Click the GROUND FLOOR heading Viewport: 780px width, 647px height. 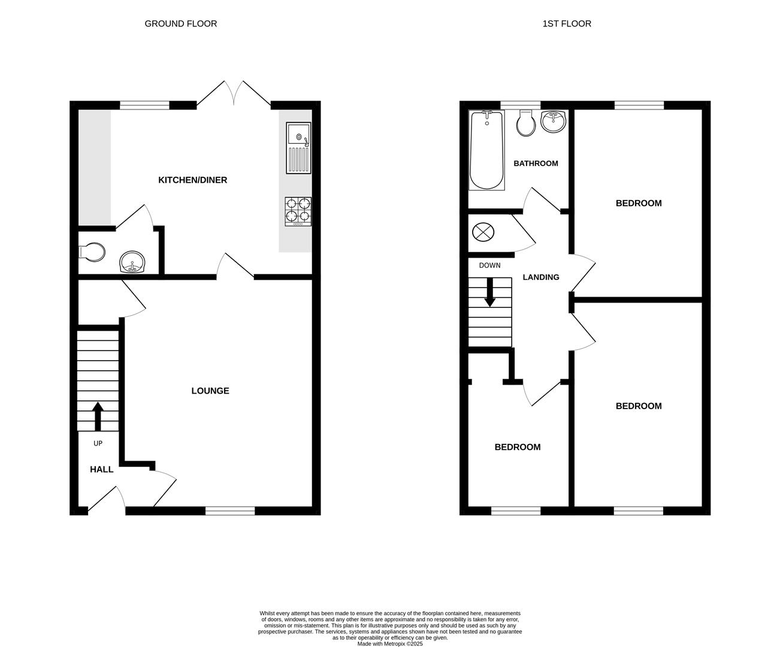tap(180, 24)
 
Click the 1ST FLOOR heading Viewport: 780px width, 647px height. tap(566, 24)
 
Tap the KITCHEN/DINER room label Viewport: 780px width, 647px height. tap(192, 180)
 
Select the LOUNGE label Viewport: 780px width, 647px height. tap(210, 391)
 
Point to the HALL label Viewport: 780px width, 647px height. tap(101, 470)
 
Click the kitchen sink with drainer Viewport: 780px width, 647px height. tap(298, 147)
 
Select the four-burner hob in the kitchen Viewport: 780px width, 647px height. tap(298, 211)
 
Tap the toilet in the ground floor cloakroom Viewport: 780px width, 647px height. tap(91, 252)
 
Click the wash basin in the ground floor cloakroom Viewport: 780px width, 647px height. tap(132, 262)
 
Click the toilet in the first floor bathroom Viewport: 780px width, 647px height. tap(525, 123)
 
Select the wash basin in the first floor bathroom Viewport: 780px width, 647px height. tap(554, 122)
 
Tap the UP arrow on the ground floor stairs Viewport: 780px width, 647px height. tap(97, 416)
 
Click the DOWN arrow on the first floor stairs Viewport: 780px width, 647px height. tap(490, 292)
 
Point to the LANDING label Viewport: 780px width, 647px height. tap(540, 277)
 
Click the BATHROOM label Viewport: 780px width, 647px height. tap(536, 164)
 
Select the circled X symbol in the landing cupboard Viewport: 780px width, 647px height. tap(482, 232)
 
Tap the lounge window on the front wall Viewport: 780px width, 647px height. tap(230, 511)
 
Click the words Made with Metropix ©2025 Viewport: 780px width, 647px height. tap(390, 644)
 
